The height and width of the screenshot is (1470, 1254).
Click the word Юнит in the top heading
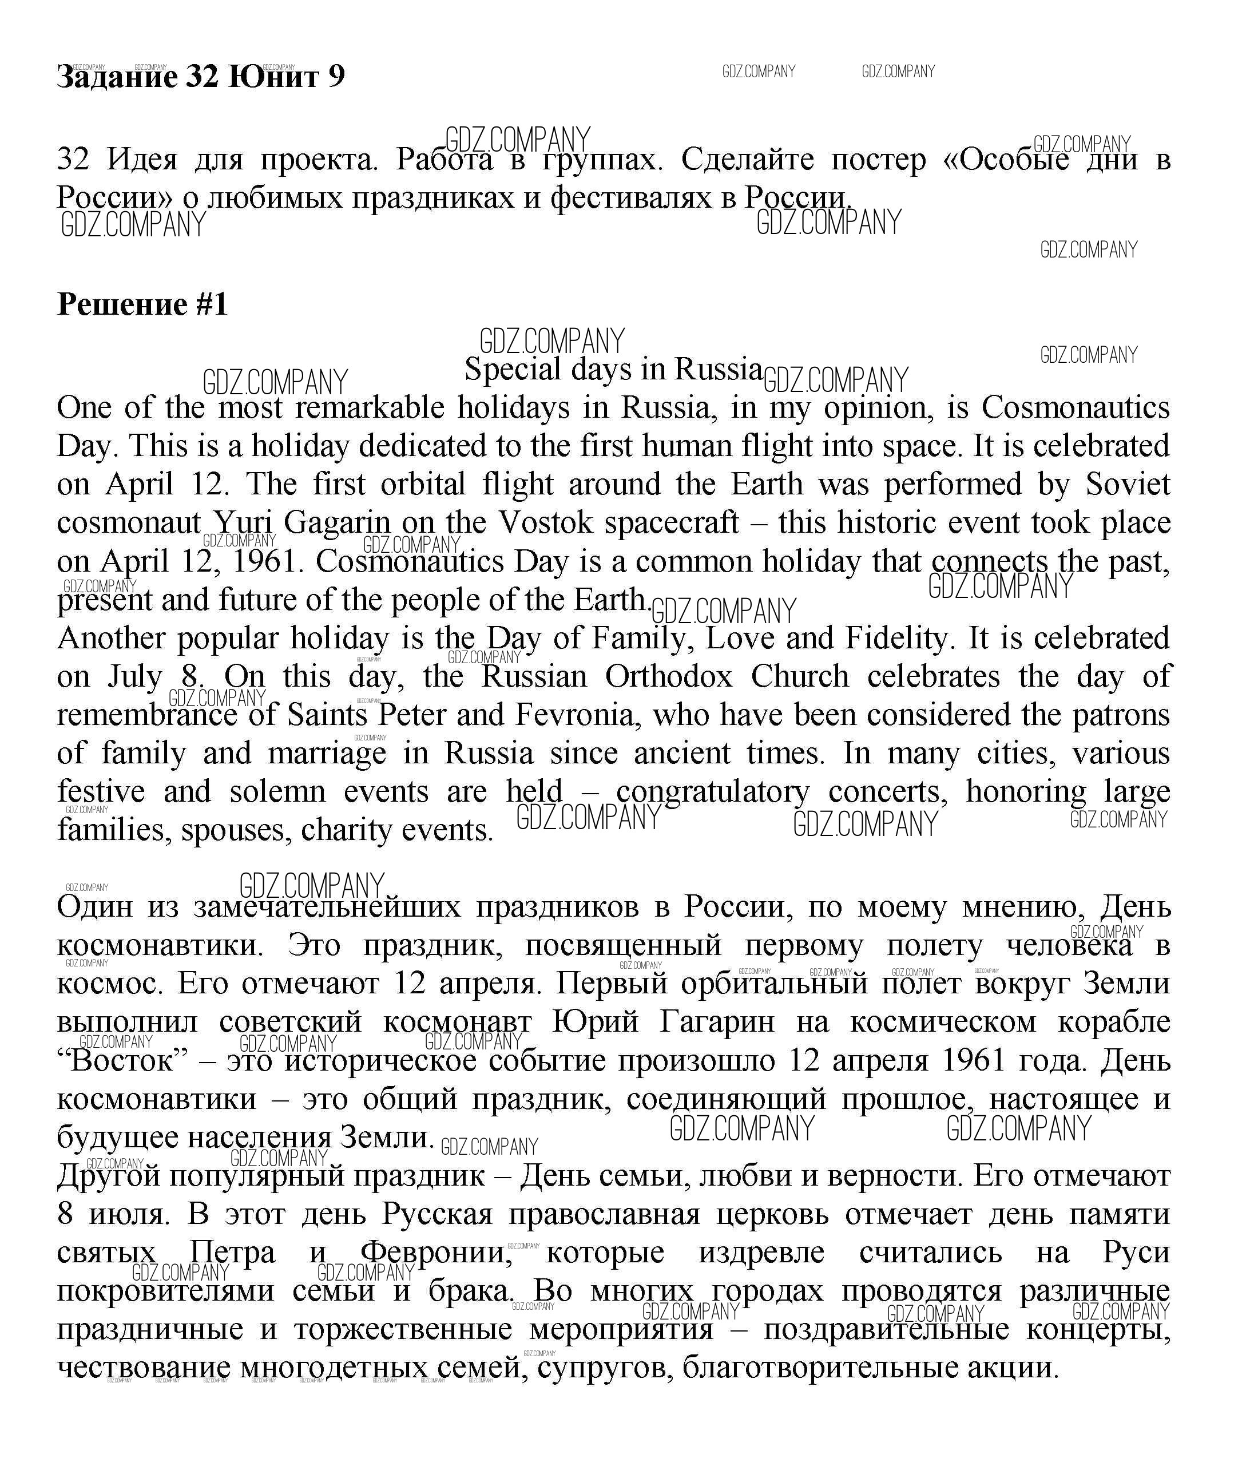coord(272,76)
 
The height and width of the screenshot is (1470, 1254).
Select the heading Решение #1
coord(142,304)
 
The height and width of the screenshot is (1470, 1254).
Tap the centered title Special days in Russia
coord(613,369)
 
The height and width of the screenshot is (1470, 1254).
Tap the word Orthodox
coord(668,676)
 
